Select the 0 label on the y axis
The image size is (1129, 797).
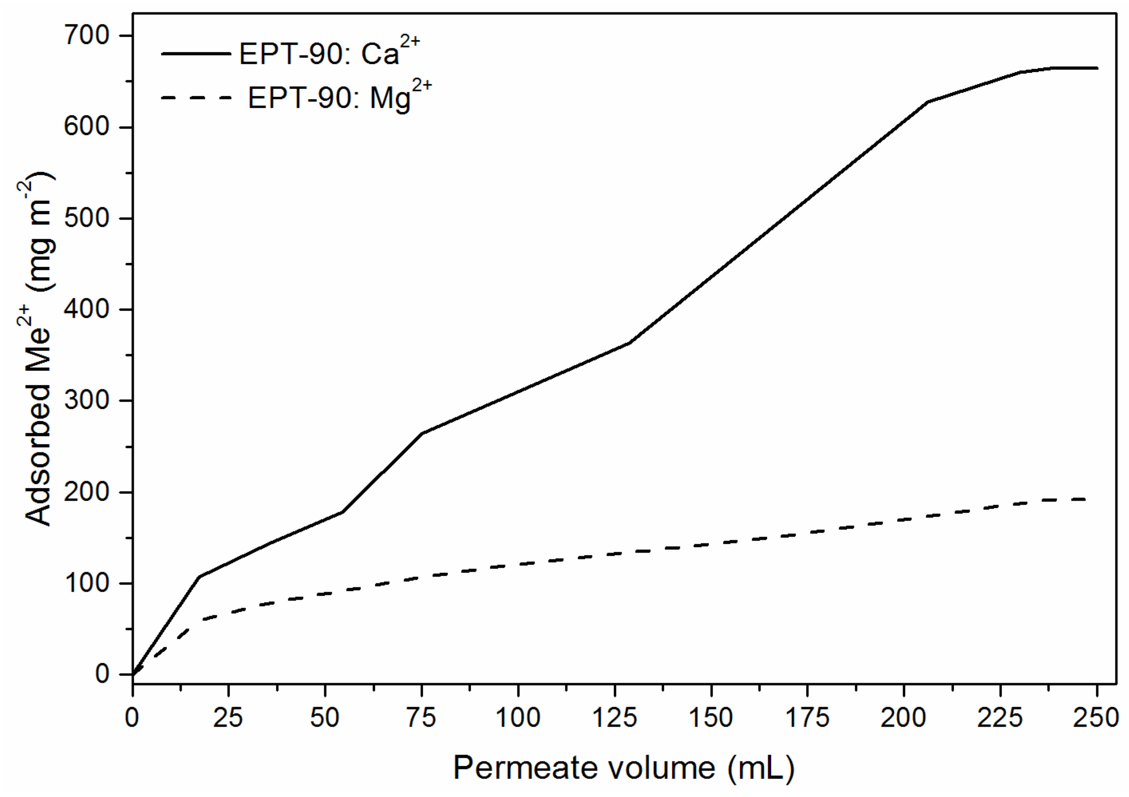point(102,674)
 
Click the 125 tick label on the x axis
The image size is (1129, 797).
point(615,718)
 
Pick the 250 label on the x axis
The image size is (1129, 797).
point(1097,718)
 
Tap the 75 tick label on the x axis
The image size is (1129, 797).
point(422,718)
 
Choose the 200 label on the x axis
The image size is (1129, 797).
point(904,718)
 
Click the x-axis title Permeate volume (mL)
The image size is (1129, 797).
point(624,767)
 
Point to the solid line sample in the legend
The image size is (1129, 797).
point(196,54)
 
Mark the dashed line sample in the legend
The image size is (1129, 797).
point(196,97)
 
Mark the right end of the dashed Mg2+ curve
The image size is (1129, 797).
point(1085,500)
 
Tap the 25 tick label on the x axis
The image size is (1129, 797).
point(229,718)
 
